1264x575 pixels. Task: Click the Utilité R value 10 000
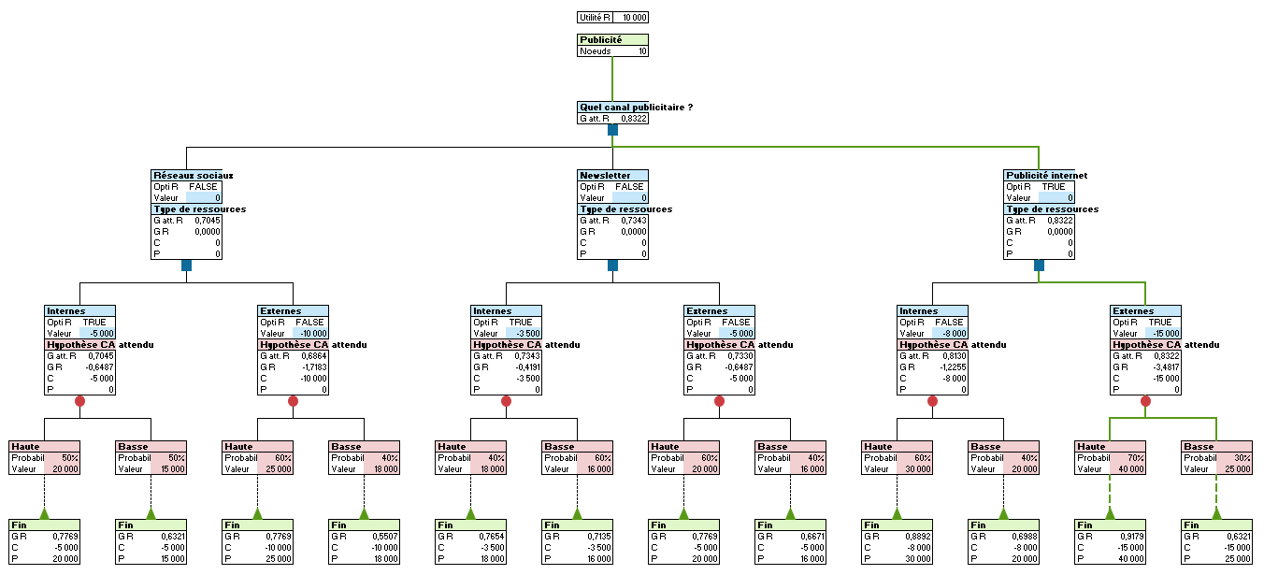634,17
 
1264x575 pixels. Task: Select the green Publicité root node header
612,40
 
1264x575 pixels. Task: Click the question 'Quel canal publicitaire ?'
636,108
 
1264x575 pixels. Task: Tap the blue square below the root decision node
612,130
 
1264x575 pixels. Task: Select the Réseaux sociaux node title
192,175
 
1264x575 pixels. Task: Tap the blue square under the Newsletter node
612,266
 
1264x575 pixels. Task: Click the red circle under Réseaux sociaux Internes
79,401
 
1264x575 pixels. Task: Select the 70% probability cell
1128,458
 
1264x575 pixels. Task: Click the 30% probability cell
1234,458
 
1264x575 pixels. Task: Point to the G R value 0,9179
1126,537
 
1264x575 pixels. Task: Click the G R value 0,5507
380,537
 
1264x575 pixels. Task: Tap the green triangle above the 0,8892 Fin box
897,513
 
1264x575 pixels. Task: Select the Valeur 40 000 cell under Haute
1127,469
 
